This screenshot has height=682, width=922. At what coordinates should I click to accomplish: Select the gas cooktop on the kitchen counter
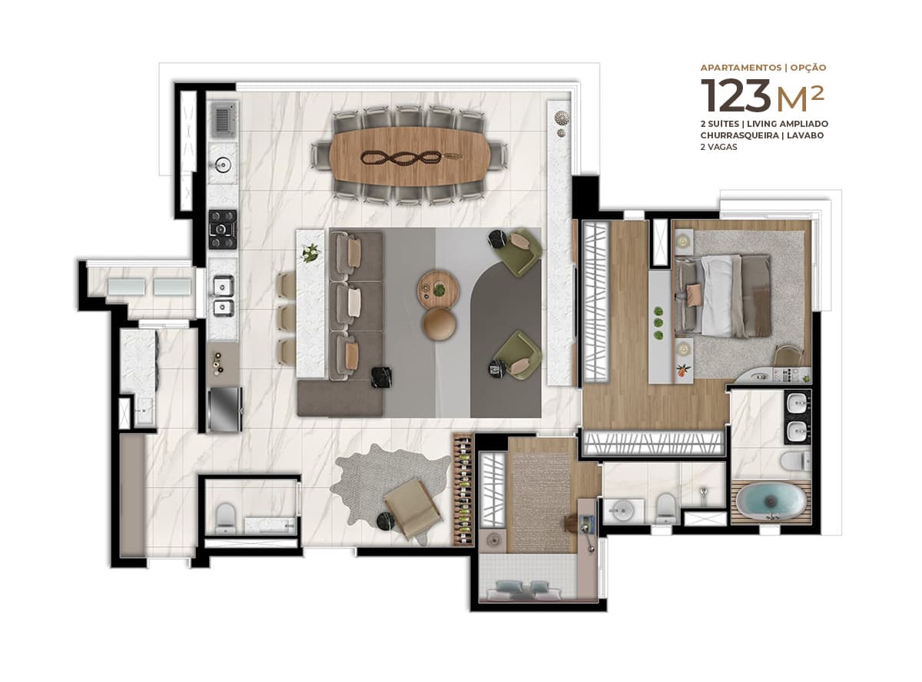click(223, 229)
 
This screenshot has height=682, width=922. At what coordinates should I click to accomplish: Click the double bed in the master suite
click(723, 296)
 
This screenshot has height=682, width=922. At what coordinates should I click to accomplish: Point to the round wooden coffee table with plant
click(438, 290)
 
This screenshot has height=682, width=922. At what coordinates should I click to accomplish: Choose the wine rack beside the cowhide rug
click(463, 489)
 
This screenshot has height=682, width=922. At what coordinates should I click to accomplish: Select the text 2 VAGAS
click(718, 147)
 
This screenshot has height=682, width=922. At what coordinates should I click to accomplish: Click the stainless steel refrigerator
click(225, 410)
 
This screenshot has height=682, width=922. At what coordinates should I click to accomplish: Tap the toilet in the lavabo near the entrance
click(226, 517)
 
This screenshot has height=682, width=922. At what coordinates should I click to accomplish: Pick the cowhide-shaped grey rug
click(393, 491)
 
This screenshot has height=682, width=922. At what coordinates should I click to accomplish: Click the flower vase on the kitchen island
click(310, 252)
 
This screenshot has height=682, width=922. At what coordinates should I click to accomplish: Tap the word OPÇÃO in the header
click(808, 68)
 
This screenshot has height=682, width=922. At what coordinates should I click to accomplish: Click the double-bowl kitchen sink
click(224, 296)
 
